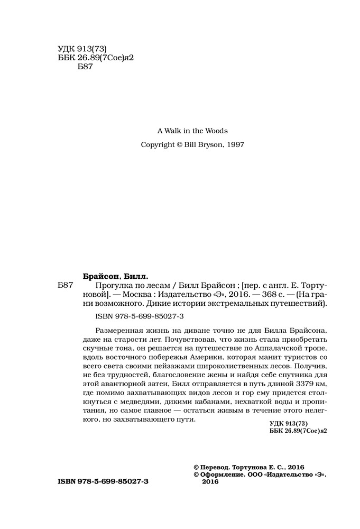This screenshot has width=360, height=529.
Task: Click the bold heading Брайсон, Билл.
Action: point(116,276)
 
